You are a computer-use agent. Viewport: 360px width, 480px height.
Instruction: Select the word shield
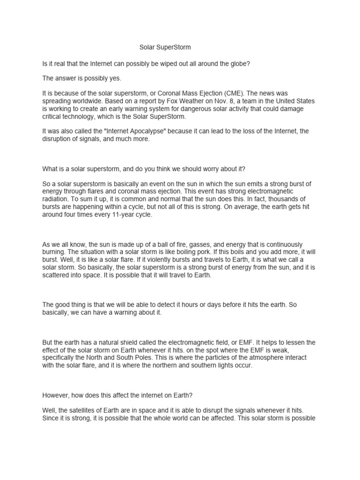tap(127, 343)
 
